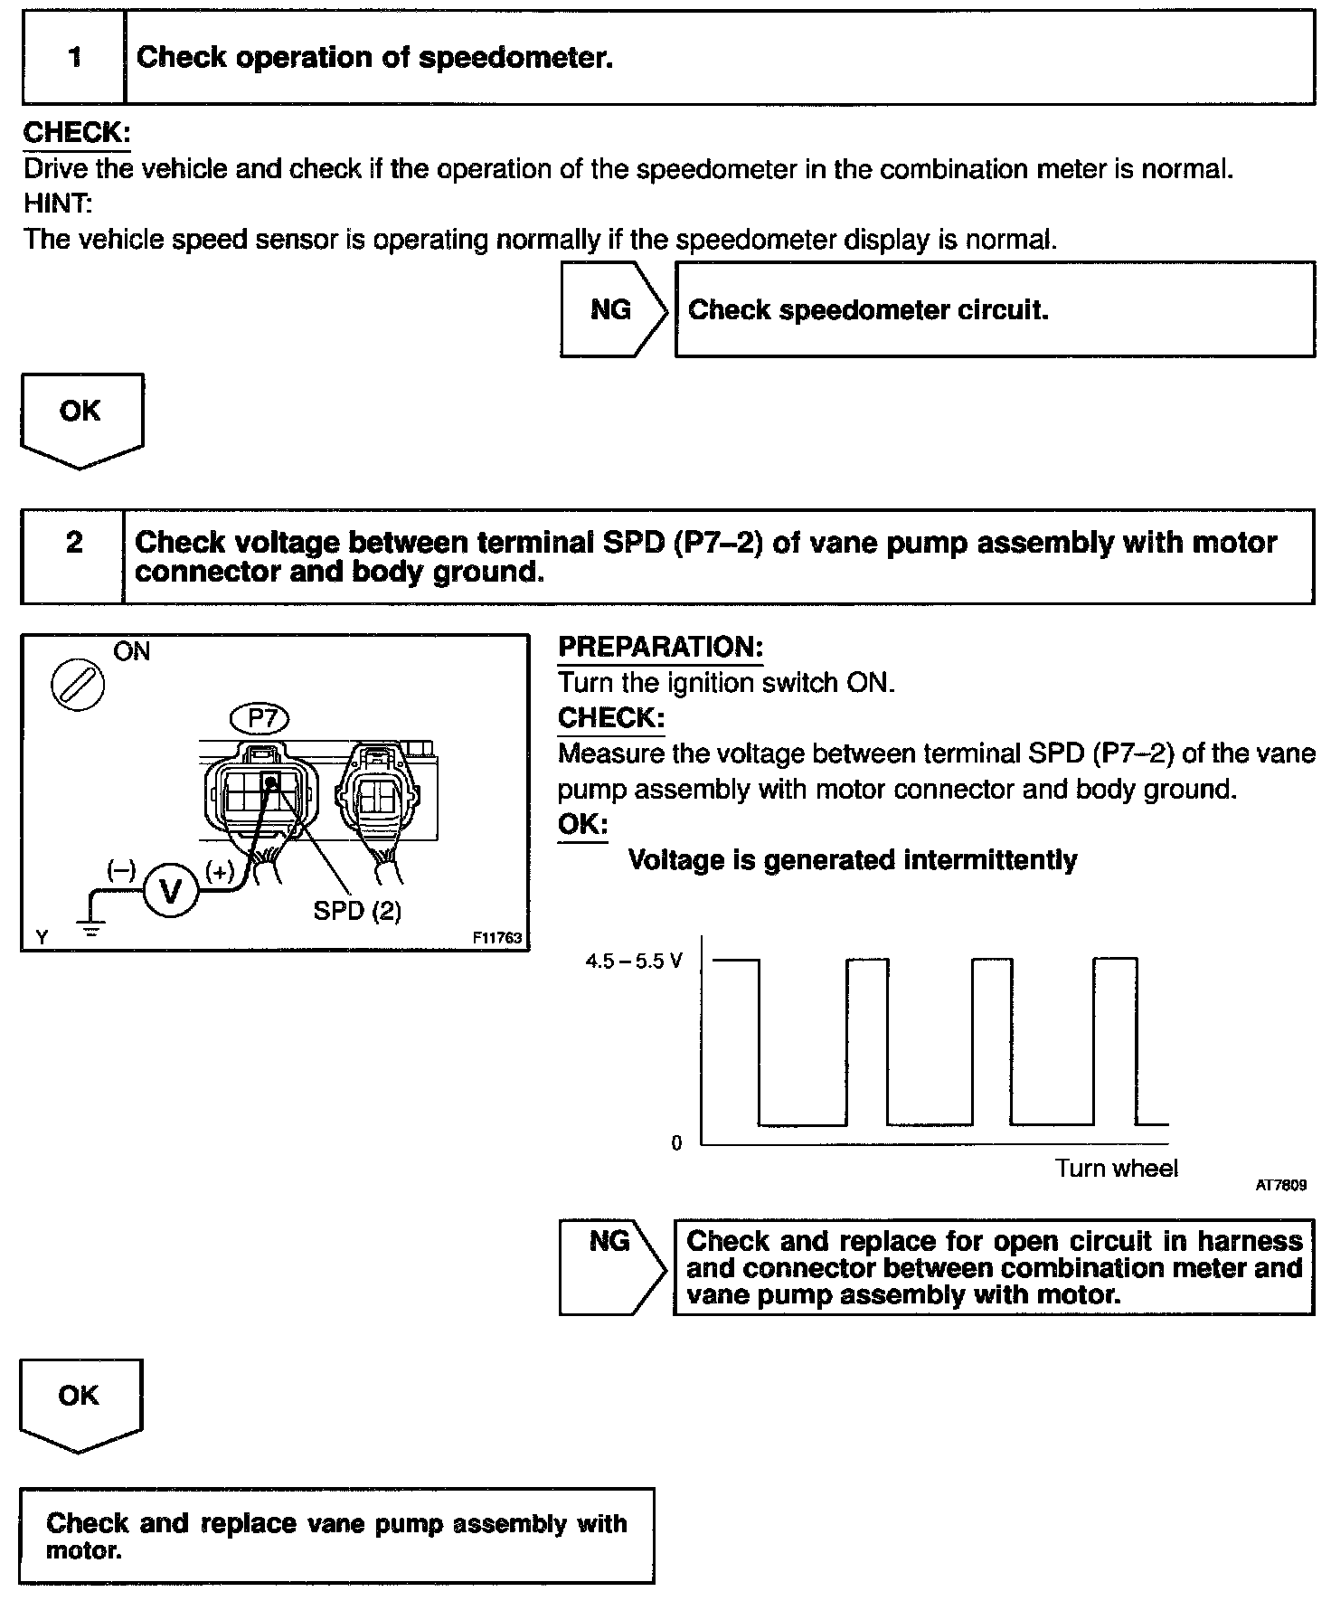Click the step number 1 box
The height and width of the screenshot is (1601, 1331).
(x=74, y=58)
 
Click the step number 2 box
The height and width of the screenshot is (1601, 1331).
(x=73, y=555)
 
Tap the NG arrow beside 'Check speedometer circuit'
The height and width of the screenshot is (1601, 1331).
(x=612, y=310)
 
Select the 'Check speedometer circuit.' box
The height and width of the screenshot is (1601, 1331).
(x=994, y=310)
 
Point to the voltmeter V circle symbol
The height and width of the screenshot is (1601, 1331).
(x=170, y=892)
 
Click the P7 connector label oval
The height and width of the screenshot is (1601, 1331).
(x=260, y=719)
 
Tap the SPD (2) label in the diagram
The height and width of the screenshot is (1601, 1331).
(x=357, y=911)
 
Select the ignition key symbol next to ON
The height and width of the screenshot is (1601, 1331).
(x=78, y=686)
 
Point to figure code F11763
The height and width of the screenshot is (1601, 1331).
(x=496, y=938)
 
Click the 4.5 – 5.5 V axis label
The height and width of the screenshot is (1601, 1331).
(x=633, y=961)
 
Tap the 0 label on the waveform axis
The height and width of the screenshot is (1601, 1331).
(x=676, y=1143)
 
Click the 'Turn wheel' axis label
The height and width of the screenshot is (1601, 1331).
(x=1116, y=1169)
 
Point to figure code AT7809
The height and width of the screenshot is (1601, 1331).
(x=1280, y=1184)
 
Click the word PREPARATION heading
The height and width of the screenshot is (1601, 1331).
(x=660, y=648)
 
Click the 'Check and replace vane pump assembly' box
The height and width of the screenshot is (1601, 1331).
(x=335, y=1536)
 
